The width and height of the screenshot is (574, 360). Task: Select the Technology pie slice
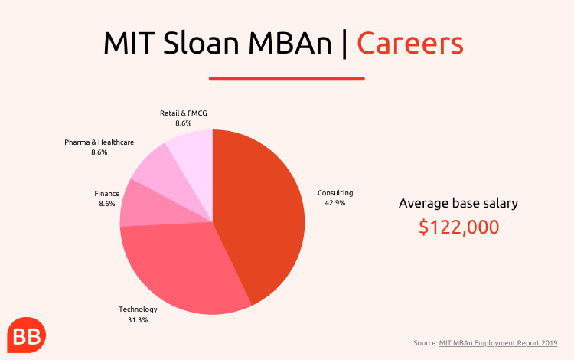click(x=183, y=267)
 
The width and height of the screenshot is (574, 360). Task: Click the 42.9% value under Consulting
click(x=335, y=203)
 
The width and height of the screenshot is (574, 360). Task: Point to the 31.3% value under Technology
click(x=138, y=320)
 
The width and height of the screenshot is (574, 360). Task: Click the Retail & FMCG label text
click(x=184, y=113)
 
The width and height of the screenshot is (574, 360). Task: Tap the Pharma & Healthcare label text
click(x=99, y=142)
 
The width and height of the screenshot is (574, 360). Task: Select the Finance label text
click(x=107, y=193)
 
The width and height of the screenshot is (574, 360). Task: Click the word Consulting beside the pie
click(x=335, y=193)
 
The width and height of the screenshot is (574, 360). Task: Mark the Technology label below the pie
click(x=138, y=309)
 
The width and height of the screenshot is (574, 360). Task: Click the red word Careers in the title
click(x=410, y=43)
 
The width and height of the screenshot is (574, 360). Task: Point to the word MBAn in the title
click(x=290, y=43)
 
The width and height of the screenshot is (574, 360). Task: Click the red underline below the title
click(x=287, y=78)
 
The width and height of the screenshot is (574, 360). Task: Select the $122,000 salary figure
click(x=458, y=227)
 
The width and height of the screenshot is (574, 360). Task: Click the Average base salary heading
click(x=458, y=203)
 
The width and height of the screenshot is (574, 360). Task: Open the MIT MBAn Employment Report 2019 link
click(x=498, y=343)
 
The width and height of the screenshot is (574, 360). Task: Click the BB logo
click(x=26, y=335)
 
